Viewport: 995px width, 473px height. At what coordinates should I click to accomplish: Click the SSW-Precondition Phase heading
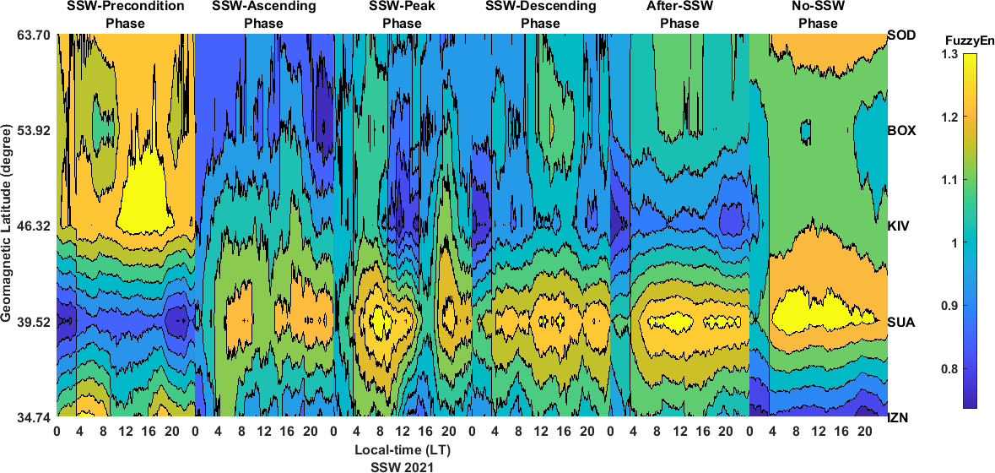tap(125, 14)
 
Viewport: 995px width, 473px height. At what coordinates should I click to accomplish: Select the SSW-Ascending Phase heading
tap(263, 14)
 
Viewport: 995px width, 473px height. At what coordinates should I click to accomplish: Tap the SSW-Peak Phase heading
tap(402, 14)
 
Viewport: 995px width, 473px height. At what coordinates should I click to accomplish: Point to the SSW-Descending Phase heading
tap(540, 14)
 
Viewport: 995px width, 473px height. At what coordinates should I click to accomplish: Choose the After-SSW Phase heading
tap(679, 14)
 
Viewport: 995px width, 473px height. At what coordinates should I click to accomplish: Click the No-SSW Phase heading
tap(818, 14)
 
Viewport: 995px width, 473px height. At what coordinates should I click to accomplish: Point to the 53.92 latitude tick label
tap(35, 131)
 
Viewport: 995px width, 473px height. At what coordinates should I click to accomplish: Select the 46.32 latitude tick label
tap(35, 226)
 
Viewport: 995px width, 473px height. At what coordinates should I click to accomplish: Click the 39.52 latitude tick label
tap(35, 322)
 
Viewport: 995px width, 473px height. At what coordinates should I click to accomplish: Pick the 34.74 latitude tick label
tap(35, 416)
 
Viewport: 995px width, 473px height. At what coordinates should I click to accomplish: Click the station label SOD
tap(902, 35)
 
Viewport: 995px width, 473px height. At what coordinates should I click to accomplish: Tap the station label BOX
tap(902, 131)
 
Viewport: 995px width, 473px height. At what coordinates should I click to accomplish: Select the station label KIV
tap(900, 226)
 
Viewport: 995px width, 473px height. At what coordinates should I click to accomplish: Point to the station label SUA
tap(901, 322)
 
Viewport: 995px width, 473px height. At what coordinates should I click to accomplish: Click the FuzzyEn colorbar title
tap(958, 39)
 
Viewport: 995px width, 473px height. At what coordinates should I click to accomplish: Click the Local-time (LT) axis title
tap(402, 449)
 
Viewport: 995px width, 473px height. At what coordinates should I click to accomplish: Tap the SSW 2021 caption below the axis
tap(402, 465)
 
